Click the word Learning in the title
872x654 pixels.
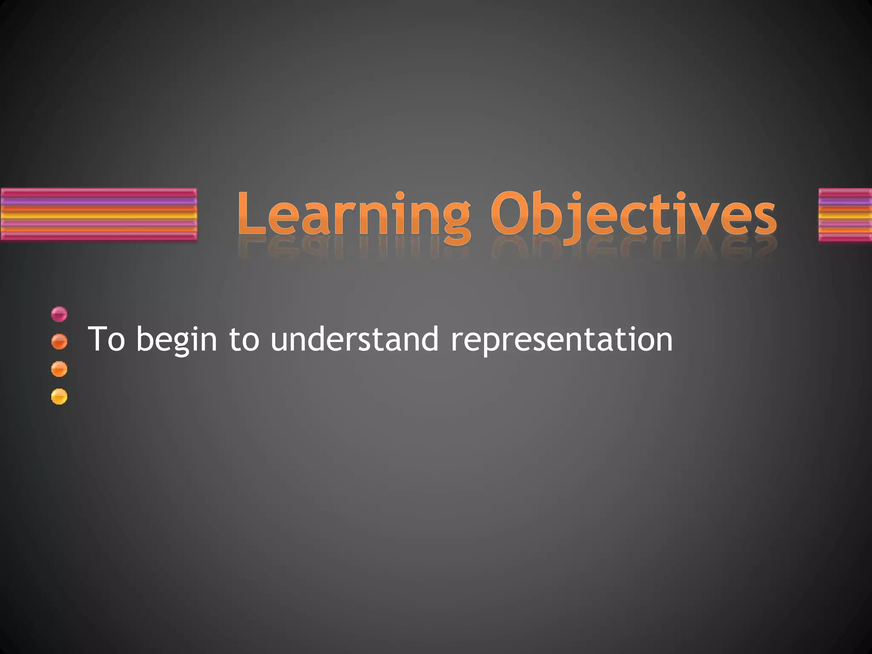tap(353, 215)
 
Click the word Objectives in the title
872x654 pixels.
tap(633, 215)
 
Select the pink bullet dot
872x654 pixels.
tap(59, 314)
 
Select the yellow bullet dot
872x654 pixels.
tap(59, 396)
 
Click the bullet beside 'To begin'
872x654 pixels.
tap(59, 341)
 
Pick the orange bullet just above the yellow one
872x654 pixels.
tap(59, 369)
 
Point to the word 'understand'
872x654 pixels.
tap(354, 339)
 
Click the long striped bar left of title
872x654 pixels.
tap(99, 215)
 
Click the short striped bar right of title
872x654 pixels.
tap(845, 215)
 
